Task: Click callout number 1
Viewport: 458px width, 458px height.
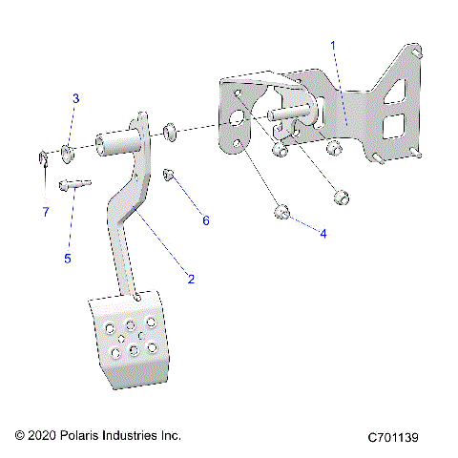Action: tap(333, 45)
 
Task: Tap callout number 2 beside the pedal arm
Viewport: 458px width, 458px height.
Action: tap(191, 279)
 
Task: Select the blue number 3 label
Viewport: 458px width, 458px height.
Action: tap(76, 99)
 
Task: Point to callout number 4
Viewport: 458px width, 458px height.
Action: tap(323, 233)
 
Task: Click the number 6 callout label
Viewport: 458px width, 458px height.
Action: tap(204, 221)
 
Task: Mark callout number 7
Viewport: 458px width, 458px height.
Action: tap(44, 212)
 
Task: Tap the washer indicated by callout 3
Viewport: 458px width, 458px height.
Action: tap(68, 150)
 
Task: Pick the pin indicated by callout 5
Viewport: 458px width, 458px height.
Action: tap(73, 185)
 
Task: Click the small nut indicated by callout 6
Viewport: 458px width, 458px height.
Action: tap(168, 176)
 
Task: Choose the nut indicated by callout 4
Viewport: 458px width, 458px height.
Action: tap(281, 212)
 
